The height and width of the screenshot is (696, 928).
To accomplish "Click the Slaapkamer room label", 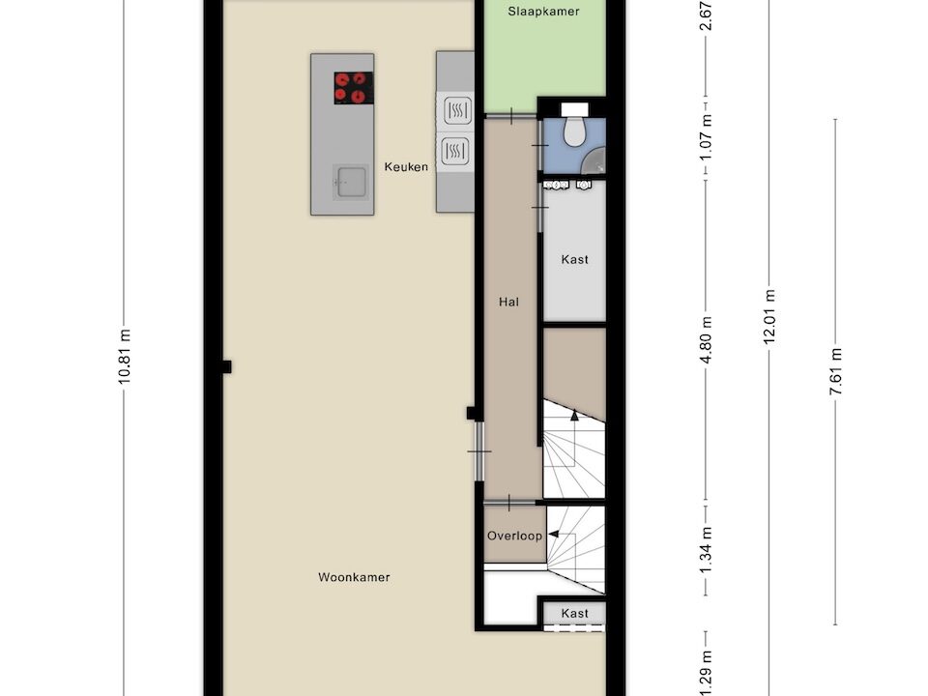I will click(x=544, y=12).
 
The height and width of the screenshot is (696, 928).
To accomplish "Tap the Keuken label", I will click(x=406, y=167).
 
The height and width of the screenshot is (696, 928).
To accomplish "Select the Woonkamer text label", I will click(x=354, y=577).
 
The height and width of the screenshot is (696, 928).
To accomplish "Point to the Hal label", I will click(x=508, y=302).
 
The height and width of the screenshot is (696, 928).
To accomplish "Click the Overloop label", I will click(x=514, y=536).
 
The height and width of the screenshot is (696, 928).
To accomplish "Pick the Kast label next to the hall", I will click(x=574, y=259).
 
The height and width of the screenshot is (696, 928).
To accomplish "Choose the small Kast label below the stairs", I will click(x=574, y=614).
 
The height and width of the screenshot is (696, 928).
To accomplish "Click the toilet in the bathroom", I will click(x=575, y=130).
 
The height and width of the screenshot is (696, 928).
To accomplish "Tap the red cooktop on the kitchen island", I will click(x=354, y=88).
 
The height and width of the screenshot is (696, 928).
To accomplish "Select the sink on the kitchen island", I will click(x=351, y=180).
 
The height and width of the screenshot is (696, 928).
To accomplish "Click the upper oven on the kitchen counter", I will click(x=454, y=110).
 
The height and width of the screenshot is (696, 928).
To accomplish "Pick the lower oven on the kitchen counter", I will click(x=454, y=151).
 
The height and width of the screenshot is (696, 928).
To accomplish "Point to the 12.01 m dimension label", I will click(x=769, y=317).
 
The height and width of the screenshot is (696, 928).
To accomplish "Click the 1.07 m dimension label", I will click(x=707, y=137).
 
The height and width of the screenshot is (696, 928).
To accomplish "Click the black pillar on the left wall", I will click(x=225, y=366).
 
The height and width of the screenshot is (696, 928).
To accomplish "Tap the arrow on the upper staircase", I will click(x=573, y=416).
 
